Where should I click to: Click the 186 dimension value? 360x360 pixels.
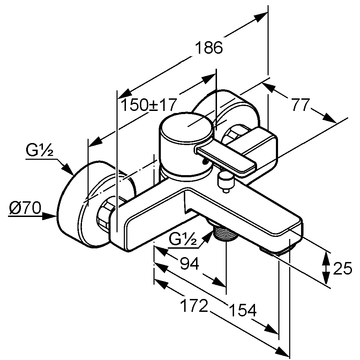(209, 48)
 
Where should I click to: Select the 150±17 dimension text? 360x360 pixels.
(148, 105)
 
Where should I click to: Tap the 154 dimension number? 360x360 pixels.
(242, 310)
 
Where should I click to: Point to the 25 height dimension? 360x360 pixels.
(343, 269)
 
